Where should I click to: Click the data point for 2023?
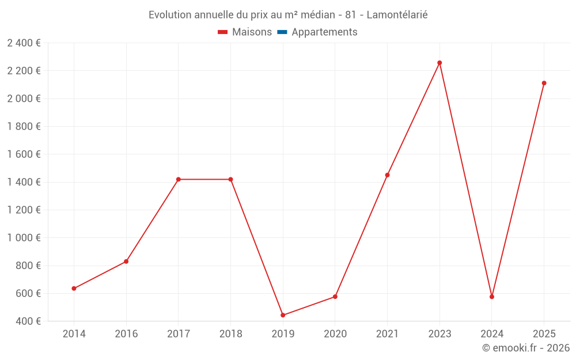pyautogui.click(x=439, y=63)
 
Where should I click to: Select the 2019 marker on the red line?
pyautogui.click(x=283, y=315)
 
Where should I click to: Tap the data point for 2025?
pyautogui.click(x=544, y=83)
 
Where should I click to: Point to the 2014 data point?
pyautogui.click(x=74, y=289)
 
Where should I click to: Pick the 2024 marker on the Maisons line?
pyautogui.click(x=492, y=297)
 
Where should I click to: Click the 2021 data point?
pyautogui.click(x=387, y=175)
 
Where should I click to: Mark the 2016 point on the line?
pyautogui.click(x=126, y=262)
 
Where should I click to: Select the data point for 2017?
pyautogui.click(x=179, y=180)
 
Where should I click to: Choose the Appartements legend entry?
pyautogui.click(x=324, y=32)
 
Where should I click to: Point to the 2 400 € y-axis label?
pyautogui.click(x=24, y=43)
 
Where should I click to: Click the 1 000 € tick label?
pyautogui.click(x=24, y=238)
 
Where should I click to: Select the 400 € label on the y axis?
pyautogui.click(x=28, y=321)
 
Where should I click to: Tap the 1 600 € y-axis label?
pyautogui.click(x=24, y=154)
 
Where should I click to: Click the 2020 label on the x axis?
pyautogui.click(x=335, y=334)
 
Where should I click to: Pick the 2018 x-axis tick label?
pyautogui.click(x=230, y=334)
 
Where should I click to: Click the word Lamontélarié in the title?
pyautogui.click(x=397, y=15)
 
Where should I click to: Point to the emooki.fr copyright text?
pyautogui.click(x=526, y=348)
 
